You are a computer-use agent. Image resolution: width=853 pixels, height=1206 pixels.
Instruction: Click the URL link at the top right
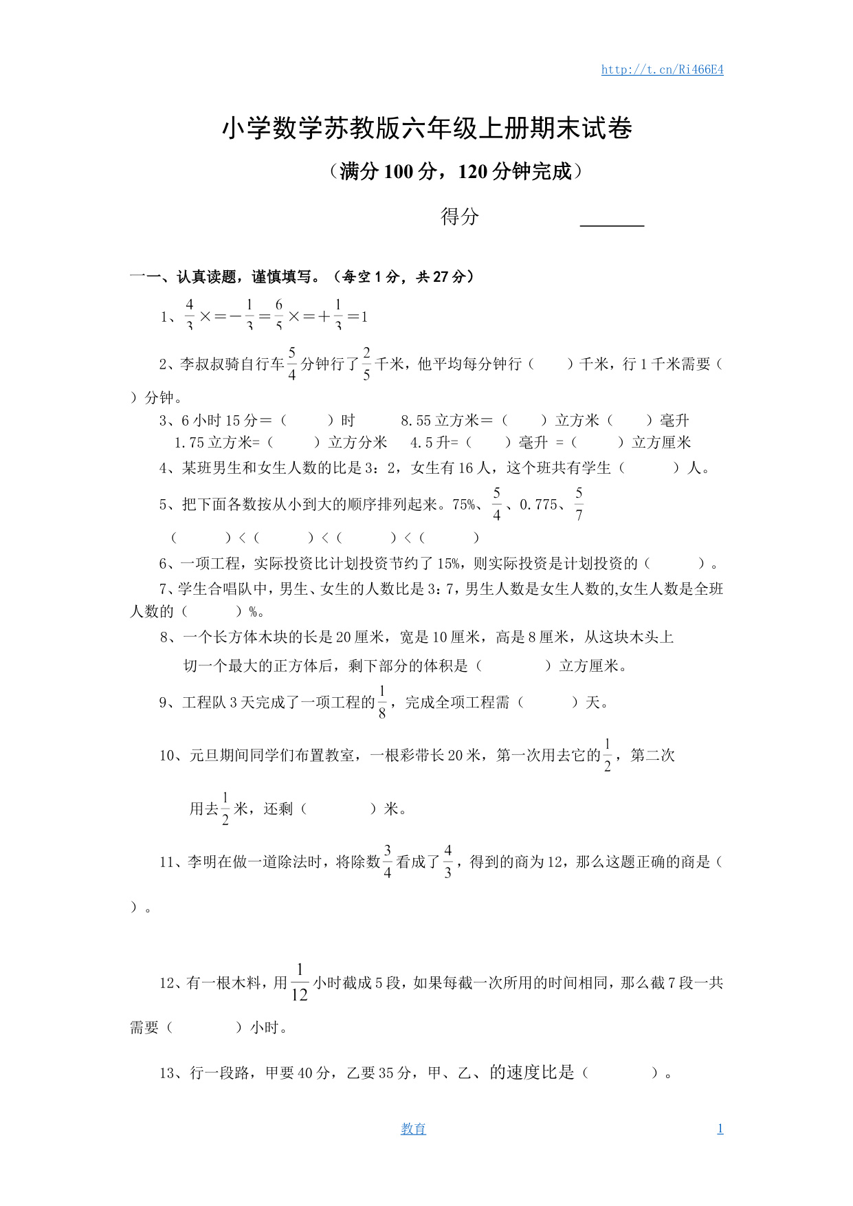(662, 69)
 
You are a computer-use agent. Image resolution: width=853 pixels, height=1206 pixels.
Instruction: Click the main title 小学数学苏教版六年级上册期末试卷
(427, 129)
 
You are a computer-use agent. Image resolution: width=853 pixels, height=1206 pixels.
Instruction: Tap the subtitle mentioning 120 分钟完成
(456, 171)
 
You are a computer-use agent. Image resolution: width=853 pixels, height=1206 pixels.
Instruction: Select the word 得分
(459, 217)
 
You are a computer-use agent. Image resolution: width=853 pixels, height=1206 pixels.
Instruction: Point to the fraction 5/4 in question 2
(292, 364)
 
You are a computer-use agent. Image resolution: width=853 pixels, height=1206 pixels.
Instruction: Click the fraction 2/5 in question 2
(366, 364)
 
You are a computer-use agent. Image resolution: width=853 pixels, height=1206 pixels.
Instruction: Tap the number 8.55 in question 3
(416, 420)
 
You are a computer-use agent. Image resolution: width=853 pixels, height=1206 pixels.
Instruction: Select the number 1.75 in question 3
(190, 443)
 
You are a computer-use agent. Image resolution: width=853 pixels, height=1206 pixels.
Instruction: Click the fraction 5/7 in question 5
(579, 504)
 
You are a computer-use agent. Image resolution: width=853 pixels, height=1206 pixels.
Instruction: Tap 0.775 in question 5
(538, 505)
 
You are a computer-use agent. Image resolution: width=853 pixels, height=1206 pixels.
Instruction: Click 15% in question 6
(449, 564)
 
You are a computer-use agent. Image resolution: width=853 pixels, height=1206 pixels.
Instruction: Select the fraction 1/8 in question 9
(382, 702)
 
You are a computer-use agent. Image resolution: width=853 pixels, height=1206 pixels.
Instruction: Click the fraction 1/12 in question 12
(300, 983)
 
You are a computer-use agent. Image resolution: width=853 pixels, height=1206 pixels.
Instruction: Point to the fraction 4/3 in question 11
(447, 862)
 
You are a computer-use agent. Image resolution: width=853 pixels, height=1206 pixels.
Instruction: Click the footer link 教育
(413, 1128)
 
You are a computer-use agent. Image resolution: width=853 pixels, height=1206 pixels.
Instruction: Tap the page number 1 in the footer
(720, 1128)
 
